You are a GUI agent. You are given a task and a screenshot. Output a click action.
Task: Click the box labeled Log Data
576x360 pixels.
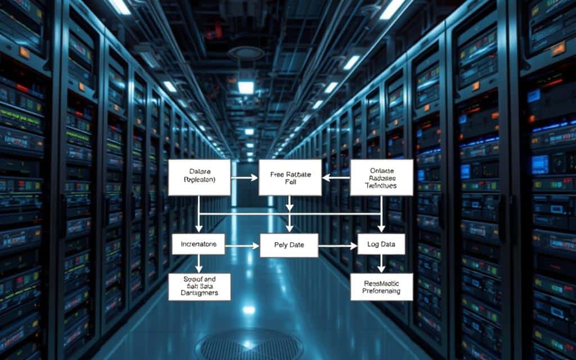pyautogui.click(x=381, y=244)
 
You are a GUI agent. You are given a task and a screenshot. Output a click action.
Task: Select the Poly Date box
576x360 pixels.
pyautogui.click(x=289, y=246)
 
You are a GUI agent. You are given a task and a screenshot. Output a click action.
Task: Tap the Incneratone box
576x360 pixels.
pyautogui.click(x=198, y=244)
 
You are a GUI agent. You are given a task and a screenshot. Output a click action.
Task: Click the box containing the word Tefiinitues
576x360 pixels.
pyautogui.click(x=381, y=177)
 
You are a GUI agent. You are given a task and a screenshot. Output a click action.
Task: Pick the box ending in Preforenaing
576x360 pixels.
pyautogui.click(x=381, y=287)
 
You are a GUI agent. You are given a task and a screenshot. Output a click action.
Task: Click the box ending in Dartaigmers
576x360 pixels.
pyautogui.click(x=199, y=286)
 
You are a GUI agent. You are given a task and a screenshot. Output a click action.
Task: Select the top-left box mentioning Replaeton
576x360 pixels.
pyautogui.click(x=199, y=177)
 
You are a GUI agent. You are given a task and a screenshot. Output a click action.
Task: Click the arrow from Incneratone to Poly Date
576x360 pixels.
pyautogui.click(x=242, y=246)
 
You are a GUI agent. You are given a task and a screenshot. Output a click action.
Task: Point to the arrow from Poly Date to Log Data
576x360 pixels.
pyautogui.click(x=337, y=246)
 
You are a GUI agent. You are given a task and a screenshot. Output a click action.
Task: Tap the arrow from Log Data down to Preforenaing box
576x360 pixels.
pyautogui.click(x=381, y=263)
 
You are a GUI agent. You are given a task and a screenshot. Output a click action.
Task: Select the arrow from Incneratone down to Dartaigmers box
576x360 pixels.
pyautogui.click(x=199, y=263)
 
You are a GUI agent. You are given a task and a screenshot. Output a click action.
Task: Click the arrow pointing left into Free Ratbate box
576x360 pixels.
pyautogui.click(x=335, y=177)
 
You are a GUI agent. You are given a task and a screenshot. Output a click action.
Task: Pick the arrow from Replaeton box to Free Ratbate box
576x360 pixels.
pyautogui.click(x=244, y=177)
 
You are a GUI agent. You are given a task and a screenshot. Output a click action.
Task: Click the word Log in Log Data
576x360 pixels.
pyautogui.click(x=372, y=244)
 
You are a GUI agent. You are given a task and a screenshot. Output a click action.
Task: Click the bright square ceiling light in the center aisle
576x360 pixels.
pyautogui.click(x=246, y=87)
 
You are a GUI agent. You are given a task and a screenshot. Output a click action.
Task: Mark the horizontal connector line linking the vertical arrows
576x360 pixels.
pyautogui.click(x=290, y=214)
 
